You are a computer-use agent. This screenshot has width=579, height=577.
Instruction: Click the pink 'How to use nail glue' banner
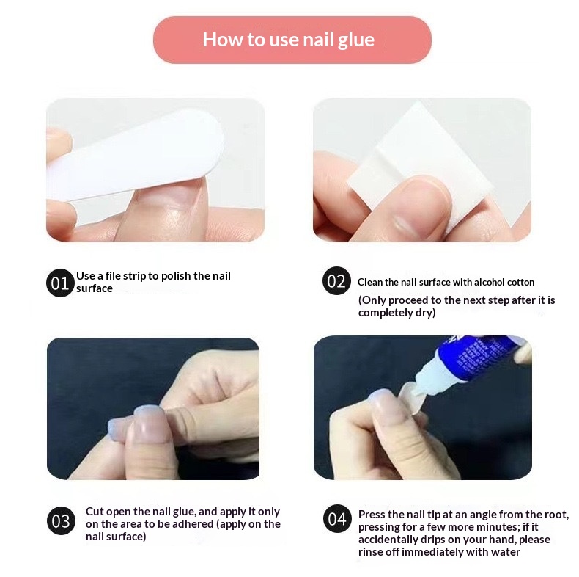pos(292,40)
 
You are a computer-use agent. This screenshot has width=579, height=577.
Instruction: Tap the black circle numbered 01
pos(60,283)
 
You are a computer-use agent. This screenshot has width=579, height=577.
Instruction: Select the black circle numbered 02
pos(336,280)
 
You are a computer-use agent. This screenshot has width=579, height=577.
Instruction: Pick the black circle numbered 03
pos(61,520)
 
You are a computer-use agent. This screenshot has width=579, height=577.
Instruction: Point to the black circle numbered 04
pos(337,518)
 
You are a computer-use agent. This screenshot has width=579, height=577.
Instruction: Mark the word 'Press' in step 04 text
pos(372,515)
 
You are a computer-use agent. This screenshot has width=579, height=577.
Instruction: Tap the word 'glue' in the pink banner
pos(356,40)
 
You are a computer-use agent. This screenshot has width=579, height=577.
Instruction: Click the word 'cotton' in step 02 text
pos(520,282)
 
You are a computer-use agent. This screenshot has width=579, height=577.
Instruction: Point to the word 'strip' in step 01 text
pos(134,276)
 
